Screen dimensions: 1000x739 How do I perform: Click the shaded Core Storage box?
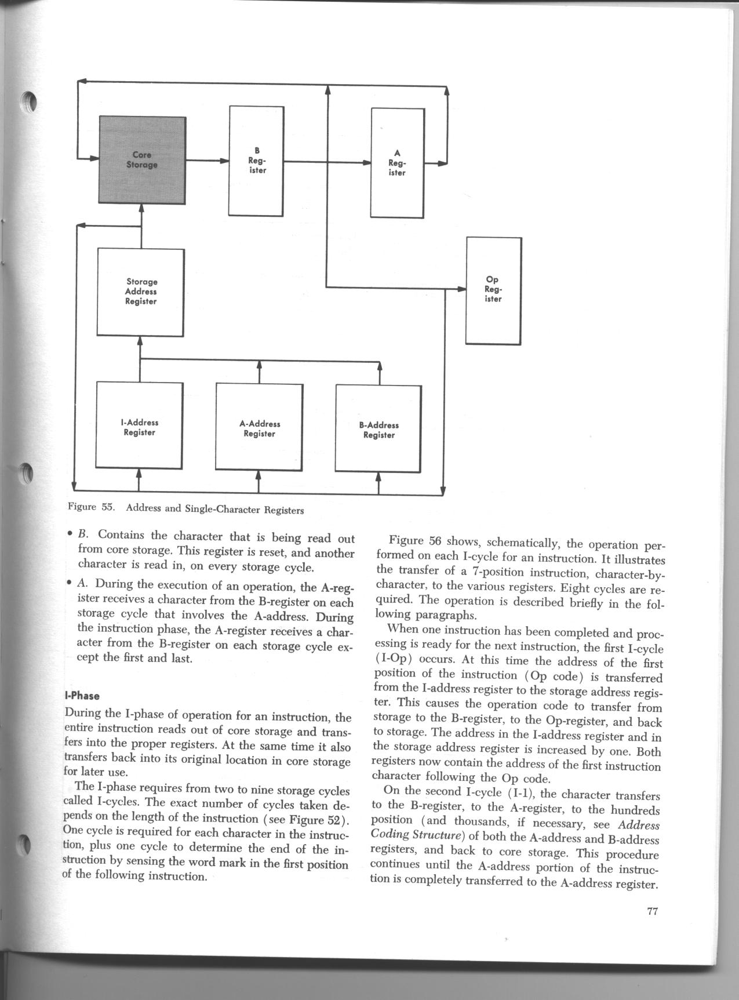pyautogui.click(x=142, y=159)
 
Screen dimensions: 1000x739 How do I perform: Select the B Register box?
pyautogui.click(x=257, y=161)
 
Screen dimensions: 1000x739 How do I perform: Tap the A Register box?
pyautogui.click(x=398, y=162)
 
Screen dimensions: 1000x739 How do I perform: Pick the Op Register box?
pyautogui.click(x=493, y=290)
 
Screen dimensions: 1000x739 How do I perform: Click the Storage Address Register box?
pyautogui.click(x=141, y=292)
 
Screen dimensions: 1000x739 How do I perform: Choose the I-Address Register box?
pyautogui.click(x=140, y=427)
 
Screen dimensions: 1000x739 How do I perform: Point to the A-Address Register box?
pyautogui.click(x=259, y=428)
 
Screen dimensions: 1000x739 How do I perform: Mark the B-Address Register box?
pyautogui.click(x=379, y=430)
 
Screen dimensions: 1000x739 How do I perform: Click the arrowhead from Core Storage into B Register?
pyautogui.click(x=224, y=161)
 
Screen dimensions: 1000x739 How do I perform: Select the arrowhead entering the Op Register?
pyautogui.click(x=461, y=288)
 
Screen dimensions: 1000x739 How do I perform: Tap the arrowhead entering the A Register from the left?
pyautogui.click(x=366, y=162)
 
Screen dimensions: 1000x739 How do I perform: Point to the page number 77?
pyautogui.click(x=652, y=911)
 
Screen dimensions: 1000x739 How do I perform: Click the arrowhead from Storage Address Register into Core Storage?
pyautogui.click(x=141, y=208)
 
